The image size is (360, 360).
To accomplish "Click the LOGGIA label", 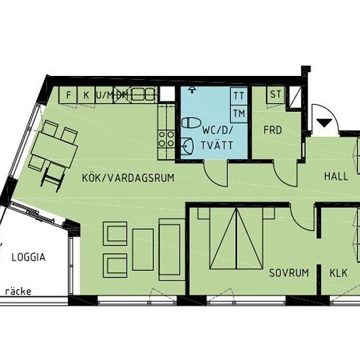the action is click(x=28, y=257).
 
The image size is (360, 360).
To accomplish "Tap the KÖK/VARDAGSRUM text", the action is click(x=128, y=178).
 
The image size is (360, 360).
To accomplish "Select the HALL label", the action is click(x=336, y=176).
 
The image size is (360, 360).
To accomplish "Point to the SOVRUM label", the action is click(x=289, y=273).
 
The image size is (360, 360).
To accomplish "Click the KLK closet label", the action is click(x=338, y=273).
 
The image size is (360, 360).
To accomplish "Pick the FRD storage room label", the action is click(x=272, y=130).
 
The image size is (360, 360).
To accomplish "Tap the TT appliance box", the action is click(x=239, y=96).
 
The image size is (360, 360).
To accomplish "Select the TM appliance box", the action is click(x=239, y=114).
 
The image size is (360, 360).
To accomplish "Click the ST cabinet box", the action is click(x=276, y=94).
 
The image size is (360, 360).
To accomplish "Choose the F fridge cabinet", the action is click(x=68, y=95).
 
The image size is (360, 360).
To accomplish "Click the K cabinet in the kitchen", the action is click(x=86, y=95).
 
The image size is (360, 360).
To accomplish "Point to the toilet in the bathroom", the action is click(x=192, y=123).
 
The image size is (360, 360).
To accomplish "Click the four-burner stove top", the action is click(x=166, y=139).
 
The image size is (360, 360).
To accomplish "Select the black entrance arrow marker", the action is click(x=324, y=122).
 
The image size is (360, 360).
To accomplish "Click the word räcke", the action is click(x=18, y=291).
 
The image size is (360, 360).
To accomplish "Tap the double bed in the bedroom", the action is click(x=236, y=238).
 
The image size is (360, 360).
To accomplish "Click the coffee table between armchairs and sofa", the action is click(x=143, y=249).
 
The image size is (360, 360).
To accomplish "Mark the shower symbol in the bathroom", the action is click(x=192, y=90).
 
